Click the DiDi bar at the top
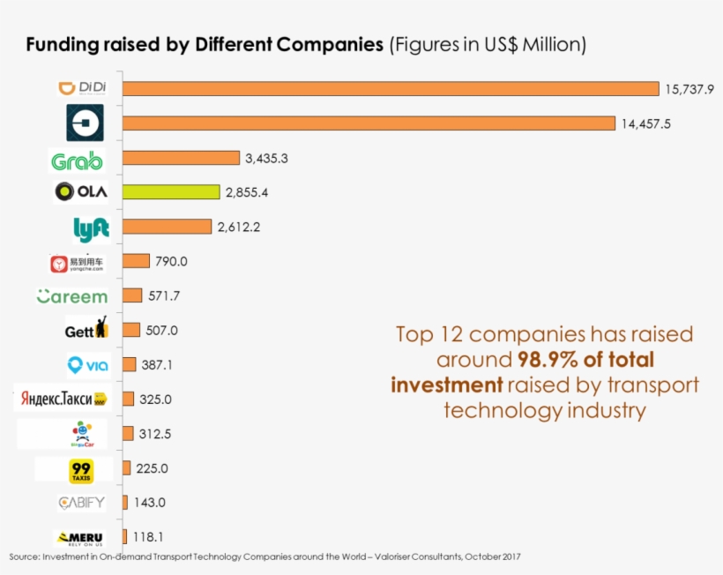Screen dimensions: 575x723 [391, 88]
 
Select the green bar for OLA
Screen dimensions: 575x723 [171, 191]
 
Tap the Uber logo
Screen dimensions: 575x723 [85, 123]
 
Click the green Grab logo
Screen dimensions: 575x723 [77, 161]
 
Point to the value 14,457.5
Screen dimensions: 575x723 [645, 123]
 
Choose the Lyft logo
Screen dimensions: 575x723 [91, 228]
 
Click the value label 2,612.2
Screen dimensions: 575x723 [238, 227]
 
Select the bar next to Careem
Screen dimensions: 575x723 [132, 295]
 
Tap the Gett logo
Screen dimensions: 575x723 [86, 330]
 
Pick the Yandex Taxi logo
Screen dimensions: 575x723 [60, 399]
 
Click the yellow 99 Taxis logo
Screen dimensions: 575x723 [80, 470]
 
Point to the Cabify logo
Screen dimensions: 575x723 [81, 503]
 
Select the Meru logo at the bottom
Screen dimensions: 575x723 [79, 537]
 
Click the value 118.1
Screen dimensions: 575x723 [147, 536]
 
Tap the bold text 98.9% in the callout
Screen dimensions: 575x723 [546, 360]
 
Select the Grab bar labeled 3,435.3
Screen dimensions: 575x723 [181, 158]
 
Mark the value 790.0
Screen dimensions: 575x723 [171, 261]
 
